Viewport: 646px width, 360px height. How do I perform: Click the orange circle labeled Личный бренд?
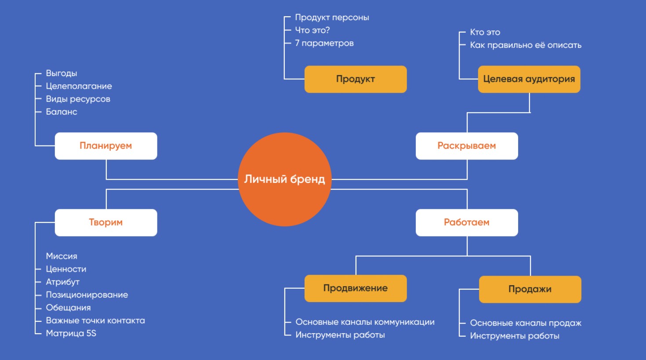[x=284, y=179]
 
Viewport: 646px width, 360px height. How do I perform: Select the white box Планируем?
[x=106, y=146]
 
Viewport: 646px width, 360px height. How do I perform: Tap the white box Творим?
[x=106, y=222]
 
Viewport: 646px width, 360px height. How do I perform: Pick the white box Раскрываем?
[x=467, y=146]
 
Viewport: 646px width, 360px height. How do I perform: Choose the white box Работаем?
[x=467, y=222]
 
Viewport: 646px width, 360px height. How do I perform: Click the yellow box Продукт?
[x=356, y=79]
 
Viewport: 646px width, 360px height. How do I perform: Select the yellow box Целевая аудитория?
[x=529, y=79]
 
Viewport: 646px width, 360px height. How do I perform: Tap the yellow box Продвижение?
[x=356, y=288]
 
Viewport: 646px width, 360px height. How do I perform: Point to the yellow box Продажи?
[x=530, y=289]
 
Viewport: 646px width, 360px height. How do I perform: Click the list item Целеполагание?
[x=79, y=86]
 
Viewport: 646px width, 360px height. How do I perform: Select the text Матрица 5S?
[x=71, y=333]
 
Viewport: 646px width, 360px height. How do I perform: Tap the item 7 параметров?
[x=324, y=43]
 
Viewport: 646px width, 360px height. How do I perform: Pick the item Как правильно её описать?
[x=526, y=45]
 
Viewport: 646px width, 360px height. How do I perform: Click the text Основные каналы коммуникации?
[x=365, y=322]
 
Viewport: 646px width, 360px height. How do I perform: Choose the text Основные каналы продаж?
[x=526, y=323]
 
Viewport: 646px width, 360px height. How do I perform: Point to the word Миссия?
[x=62, y=256]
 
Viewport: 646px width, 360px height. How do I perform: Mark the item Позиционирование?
[x=87, y=295]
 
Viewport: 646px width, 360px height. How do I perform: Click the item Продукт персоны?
[x=332, y=18]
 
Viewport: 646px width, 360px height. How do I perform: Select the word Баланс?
[x=62, y=112]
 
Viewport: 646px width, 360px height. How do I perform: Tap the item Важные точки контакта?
[x=95, y=320]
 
